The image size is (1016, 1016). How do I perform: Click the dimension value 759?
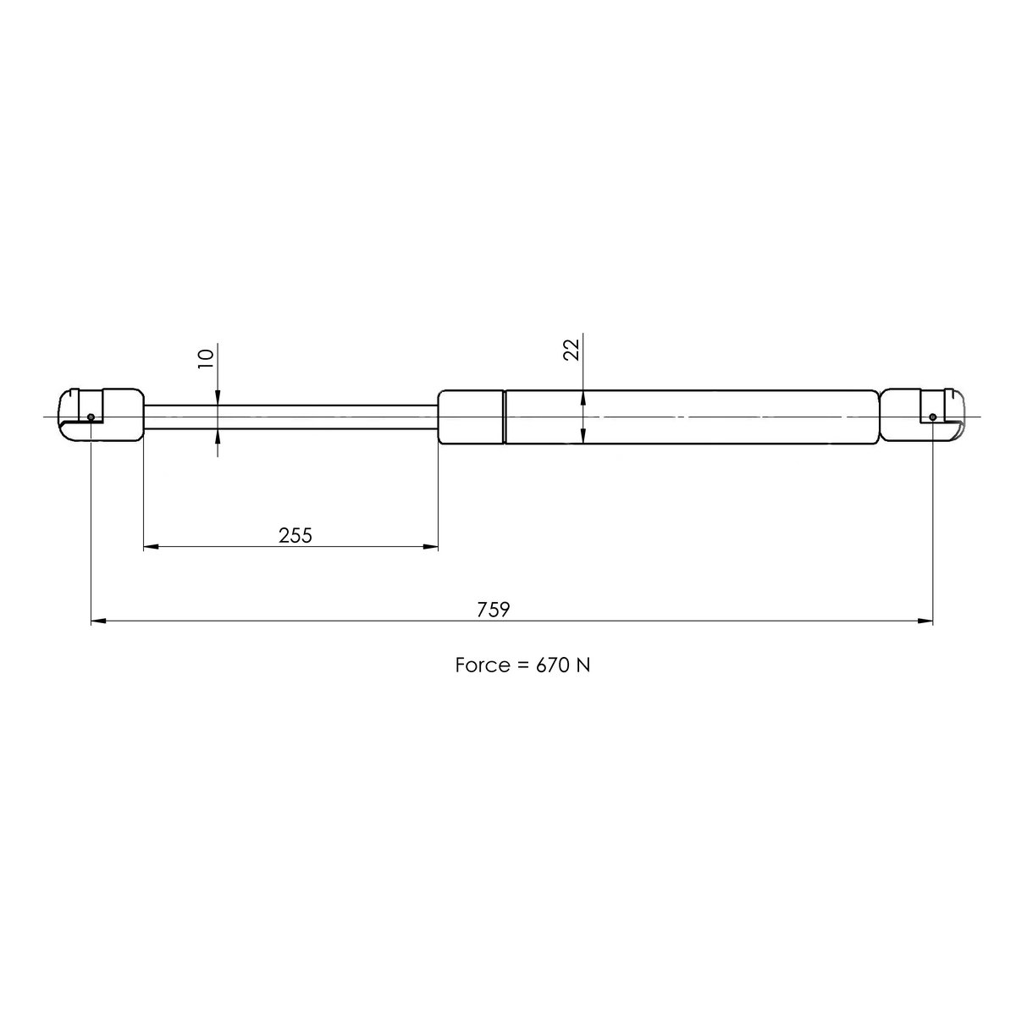[493, 610]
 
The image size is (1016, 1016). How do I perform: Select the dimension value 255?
[295, 535]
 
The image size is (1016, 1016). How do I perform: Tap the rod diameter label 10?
[204, 358]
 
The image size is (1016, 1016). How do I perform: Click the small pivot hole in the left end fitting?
[91, 417]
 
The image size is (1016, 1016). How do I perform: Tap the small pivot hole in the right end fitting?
[932, 417]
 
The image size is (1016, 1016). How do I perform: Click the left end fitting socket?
[100, 415]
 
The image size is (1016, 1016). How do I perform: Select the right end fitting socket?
[923, 415]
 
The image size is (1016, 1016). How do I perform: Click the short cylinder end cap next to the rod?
[471, 416]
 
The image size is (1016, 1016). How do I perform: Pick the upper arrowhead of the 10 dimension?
[218, 396]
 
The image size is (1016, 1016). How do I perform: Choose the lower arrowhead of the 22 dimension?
[583, 435]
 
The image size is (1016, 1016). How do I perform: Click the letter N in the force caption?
[583, 665]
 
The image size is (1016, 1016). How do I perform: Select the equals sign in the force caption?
[522, 665]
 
